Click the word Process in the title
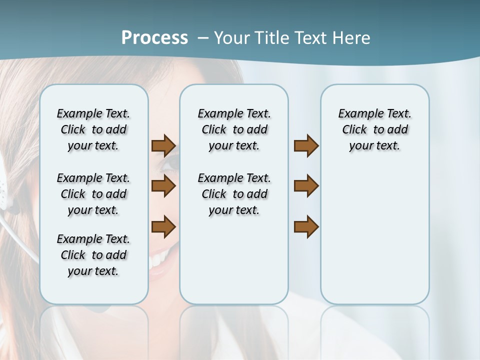coord(154,38)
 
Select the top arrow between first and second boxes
coord(163,145)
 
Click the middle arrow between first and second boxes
coord(163,186)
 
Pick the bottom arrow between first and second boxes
coord(163,226)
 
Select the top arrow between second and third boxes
coord(306,145)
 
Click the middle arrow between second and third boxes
coord(306,186)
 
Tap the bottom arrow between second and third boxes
coord(306,226)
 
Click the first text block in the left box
coord(93,129)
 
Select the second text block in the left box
coord(93,194)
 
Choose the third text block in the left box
coord(93,255)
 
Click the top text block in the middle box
coord(234,129)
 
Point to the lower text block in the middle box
coord(234,194)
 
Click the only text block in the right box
coord(374,129)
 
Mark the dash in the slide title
coord(203,38)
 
